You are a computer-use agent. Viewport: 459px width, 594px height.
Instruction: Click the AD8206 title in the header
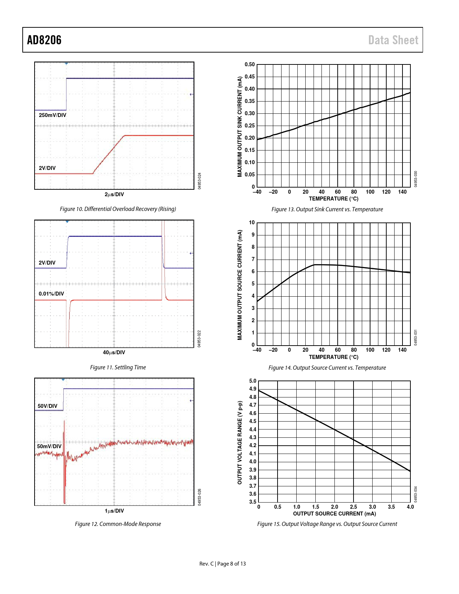(x=44, y=40)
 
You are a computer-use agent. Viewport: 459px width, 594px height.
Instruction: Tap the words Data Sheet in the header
(x=393, y=40)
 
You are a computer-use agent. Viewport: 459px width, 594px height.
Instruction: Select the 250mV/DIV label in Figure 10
(x=53, y=115)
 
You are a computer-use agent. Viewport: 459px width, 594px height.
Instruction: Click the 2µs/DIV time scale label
(x=114, y=194)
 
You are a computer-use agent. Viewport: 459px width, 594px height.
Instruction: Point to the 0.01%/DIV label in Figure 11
(x=51, y=294)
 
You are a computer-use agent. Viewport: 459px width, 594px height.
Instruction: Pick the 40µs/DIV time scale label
(x=114, y=352)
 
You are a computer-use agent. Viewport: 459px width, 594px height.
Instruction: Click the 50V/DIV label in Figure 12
(x=48, y=406)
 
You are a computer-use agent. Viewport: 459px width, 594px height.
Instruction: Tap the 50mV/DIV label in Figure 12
(x=49, y=446)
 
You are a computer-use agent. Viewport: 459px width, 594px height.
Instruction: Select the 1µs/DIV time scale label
(x=114, y=511)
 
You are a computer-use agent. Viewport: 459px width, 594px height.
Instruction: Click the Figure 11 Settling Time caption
(x=118, y=367)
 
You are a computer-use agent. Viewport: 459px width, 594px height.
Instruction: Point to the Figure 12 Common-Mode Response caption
(x=118, y=524)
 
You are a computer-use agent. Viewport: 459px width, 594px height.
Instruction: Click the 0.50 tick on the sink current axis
(x=249, y=64)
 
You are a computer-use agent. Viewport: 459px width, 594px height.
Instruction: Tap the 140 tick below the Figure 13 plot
(x=402, y=192)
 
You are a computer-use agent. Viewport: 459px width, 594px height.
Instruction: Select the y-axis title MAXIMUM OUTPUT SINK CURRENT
(x=240, y=126)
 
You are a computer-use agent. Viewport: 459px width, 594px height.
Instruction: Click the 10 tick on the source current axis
(x=252, y=222)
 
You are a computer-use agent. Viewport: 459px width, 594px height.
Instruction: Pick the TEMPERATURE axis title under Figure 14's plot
(x=333, y=357)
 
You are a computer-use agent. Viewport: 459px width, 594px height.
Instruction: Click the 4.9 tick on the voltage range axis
(x=253, y=389)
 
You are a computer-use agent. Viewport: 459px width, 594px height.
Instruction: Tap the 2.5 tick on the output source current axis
(x=354, y=507)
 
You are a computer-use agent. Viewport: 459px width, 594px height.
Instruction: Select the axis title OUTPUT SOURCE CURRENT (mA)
(x=334, y=514)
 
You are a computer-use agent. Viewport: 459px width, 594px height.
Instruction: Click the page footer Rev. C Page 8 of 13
(x=222, y=564)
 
